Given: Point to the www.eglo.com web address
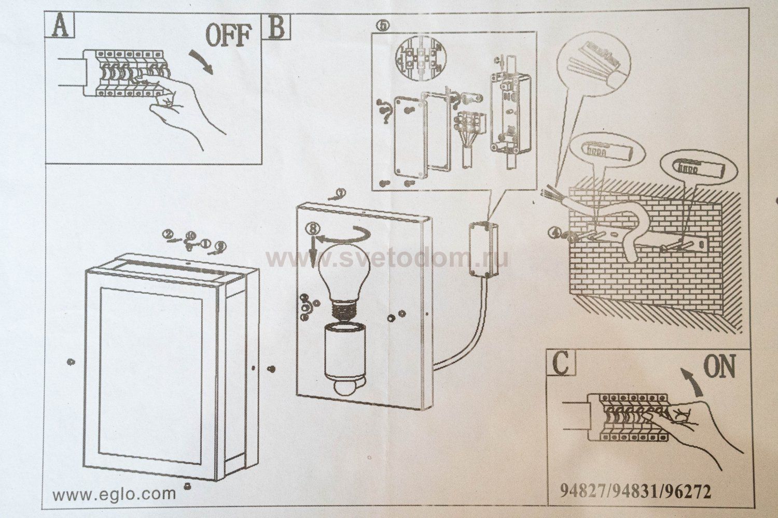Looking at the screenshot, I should tap(115, 493).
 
